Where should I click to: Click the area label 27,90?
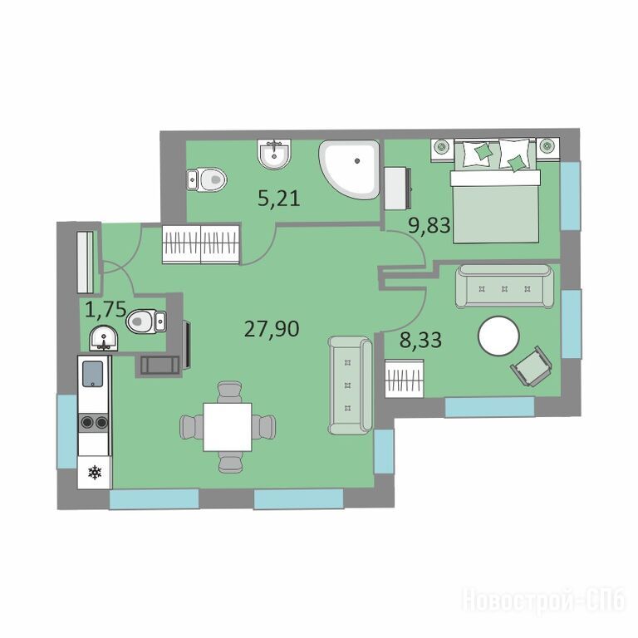(x=272, y=328)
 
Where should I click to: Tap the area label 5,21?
(x=279, y=199)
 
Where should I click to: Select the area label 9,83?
(x=429, y=225)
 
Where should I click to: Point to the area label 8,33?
(x=420, y=340)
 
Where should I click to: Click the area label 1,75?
(x=106, y=309)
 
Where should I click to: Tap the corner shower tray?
(x=350, y=169)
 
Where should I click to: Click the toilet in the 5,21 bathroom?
(x=207, y=179)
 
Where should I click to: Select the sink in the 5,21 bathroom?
(x=275, y=153)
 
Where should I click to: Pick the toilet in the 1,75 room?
(x=145, y=321)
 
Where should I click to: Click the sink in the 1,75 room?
(x=104, y=338)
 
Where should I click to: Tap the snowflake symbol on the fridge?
(x=95, y=472)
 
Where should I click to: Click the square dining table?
(x=228, y=427)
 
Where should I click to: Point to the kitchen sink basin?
(x=93, y=374)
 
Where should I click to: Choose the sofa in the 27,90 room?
(x=351, y=385)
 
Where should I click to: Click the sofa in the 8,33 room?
(x=504, y=287)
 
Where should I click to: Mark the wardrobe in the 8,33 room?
(x=405, y=378)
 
